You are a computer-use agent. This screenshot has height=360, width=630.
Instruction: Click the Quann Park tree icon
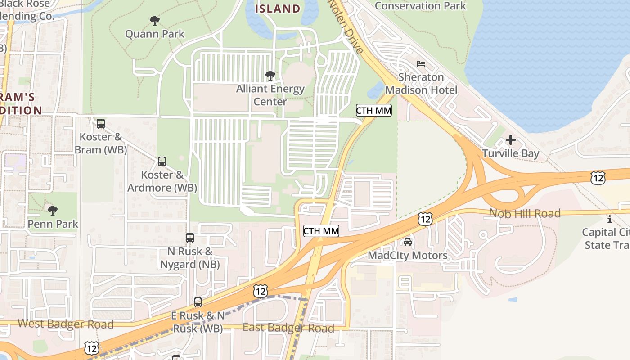(x=154, y=21)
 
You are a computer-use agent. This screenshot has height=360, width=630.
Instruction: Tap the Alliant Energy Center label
(x=270, y=95)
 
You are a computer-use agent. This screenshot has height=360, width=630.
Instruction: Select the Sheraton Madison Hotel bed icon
(x=421, y=64)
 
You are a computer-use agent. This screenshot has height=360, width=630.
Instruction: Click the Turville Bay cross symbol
(x=511, y=140)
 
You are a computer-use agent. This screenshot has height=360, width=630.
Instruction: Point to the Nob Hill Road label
(x=525, y=213)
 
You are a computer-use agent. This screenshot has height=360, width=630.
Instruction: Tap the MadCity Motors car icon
(x=408, y=242)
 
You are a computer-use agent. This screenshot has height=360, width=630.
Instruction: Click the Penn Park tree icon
(x=53, y=210)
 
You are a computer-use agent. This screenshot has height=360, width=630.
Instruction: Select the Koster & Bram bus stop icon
(x=101, y=123)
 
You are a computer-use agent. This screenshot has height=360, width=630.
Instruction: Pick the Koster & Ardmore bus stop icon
(x=162, y=161)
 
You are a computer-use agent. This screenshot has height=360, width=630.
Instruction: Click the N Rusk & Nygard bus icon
(x=190, y=238)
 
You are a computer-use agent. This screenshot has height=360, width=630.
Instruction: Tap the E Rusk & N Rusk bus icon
(x=198, y=302)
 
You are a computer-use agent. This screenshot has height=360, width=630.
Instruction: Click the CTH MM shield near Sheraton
(x=373, y=110)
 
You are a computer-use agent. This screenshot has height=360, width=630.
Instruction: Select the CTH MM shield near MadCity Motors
(x=321, y=231)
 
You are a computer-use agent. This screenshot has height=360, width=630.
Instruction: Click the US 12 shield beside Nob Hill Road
(x=425, y=219)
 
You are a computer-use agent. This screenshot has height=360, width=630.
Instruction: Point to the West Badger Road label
(x=66, y=324)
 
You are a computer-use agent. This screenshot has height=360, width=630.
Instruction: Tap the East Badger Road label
(x=288, y=328)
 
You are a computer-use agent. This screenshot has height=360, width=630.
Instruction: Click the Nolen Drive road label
(x=345, y=27)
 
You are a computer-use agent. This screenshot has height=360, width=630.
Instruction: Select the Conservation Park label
(x=420, y=6)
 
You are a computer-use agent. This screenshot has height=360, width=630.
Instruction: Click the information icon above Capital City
(x=610, y=219)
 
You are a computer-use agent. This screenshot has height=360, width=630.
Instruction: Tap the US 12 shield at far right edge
(x=598, y=178)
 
